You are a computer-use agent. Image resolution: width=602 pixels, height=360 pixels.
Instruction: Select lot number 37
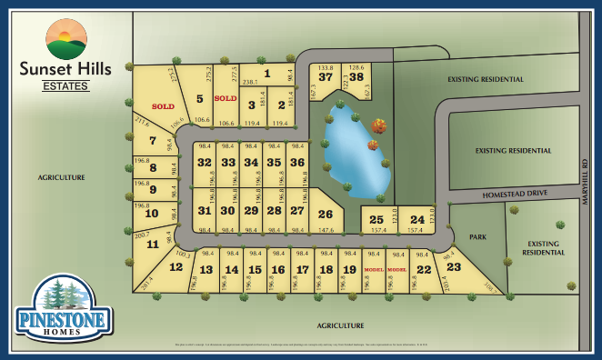coord(325,77)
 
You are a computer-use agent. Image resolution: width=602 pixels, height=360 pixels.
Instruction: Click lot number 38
coord(356,77)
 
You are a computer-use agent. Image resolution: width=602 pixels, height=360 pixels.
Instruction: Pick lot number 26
coord(325,215)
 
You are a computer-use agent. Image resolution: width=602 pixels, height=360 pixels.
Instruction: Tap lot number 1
coord(267,74)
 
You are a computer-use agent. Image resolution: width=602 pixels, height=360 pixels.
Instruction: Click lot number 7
coord(153,141)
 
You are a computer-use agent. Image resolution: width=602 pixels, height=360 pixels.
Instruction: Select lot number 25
coord(376,219)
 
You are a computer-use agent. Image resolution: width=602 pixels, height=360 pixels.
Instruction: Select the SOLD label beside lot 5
coord(225,97)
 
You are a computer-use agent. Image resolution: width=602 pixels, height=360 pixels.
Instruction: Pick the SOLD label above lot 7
coord(163,106)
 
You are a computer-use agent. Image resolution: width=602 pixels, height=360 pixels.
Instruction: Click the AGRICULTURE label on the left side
coord(63,176)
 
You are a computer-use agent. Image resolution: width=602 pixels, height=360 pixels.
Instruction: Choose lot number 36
coord(296,162)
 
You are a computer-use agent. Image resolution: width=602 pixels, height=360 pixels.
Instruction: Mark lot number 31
coord(205,210)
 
